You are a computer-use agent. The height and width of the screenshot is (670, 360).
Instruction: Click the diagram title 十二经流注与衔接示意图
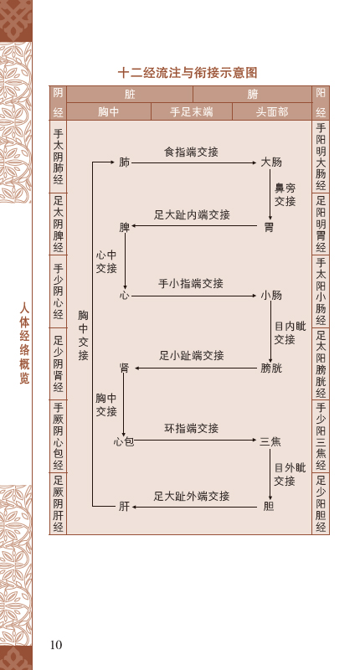(x=188, y=73)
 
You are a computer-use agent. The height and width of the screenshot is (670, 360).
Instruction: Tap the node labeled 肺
(x=124, y=162)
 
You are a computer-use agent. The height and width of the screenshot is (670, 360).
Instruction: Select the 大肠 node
(x=271, y=162)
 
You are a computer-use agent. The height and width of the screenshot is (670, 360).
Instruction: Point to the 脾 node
(x=124, y=227)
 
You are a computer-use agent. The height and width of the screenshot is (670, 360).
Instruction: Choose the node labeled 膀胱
(x=271, y=368)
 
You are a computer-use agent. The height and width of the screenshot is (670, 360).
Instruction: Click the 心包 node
(x=124, y=441)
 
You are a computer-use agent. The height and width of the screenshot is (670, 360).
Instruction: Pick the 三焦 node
(x=270, y=441)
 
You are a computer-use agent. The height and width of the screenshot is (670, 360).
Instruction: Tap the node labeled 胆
(x=269, y=507)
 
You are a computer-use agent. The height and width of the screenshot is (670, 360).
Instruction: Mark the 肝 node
(x=124, y=507)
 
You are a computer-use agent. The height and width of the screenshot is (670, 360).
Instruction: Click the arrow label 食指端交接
(x=192, y=152)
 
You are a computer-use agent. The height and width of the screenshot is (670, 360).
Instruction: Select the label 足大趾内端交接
(x=192, y=215)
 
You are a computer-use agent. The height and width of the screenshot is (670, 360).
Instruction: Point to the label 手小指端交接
(x=191, y=283)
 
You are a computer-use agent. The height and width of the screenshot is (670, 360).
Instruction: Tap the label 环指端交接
(x=192, y=429)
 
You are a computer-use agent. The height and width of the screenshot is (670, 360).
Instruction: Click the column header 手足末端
(x=192, y=112)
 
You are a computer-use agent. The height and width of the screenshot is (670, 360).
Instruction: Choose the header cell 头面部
(x=272, y=112)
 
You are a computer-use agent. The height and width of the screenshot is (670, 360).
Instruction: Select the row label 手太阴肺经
(x=59, y=157)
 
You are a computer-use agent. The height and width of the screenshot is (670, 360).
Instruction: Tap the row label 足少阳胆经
(x=321, y=504)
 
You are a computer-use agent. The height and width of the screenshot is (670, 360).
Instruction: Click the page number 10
(x=56, y=644)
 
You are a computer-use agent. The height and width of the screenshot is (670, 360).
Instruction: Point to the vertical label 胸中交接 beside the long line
(x=83, y=336)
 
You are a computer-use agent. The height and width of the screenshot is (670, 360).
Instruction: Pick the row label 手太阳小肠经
(x=321, y=291)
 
